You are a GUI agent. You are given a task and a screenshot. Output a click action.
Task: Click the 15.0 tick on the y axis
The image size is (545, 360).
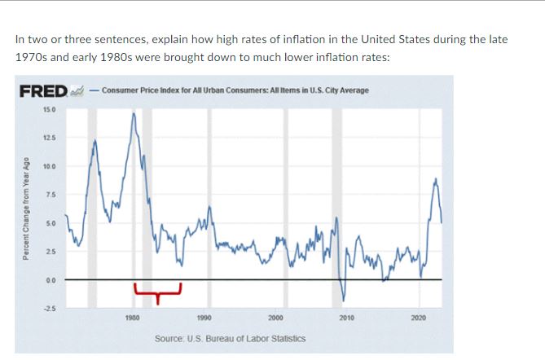pyautogui.click(x=50, y=109)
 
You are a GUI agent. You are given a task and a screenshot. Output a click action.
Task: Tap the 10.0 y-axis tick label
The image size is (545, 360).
pyautogui.click(x=50, y=166)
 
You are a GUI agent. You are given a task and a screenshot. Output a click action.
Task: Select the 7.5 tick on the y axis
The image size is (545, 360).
pyautogui.click(x=51, y=194)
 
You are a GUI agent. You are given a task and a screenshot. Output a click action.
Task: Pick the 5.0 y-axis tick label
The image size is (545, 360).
pyautogui.click(x=51, y=222)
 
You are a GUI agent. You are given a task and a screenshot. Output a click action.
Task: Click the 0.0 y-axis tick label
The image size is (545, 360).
pyautogui.click(x=51, y=279)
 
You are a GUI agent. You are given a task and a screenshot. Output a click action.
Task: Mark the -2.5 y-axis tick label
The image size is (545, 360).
pyautogui.click(x=50, y=308)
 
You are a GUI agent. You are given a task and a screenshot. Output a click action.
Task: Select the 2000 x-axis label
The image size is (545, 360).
pyautogui.click(x=275, y=318)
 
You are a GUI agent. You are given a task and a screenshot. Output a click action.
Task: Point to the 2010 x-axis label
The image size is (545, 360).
pyautogui.click(x=346, y=318)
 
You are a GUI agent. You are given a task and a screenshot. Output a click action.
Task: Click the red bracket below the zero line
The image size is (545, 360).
pyautogui.click(x=156, y=288)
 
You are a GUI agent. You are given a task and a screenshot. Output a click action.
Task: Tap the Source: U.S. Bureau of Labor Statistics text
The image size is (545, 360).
pyautogui.click(x=231, y=337)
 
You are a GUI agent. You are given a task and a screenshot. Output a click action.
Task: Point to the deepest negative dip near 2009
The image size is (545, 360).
pyautogui.click(x=343, y=300)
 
